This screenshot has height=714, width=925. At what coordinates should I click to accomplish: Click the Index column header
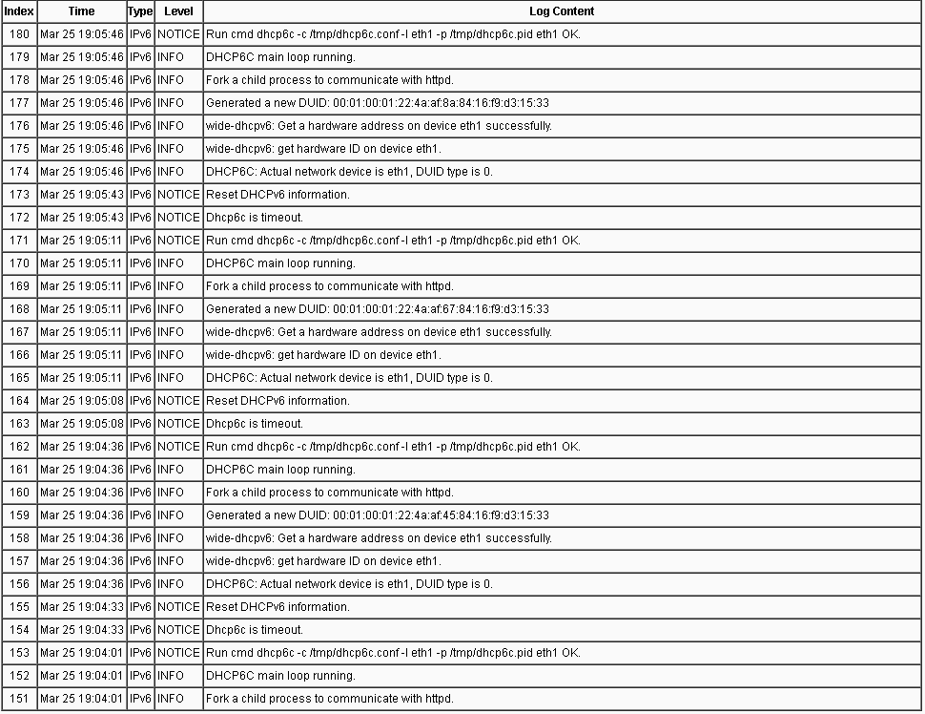19,11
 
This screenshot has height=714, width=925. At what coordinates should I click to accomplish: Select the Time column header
82,11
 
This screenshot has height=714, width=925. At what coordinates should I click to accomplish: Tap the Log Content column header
562,11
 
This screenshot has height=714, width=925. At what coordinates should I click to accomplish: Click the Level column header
178,11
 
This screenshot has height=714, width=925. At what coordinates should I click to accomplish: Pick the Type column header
140,11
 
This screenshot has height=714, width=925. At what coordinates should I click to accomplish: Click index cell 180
19,34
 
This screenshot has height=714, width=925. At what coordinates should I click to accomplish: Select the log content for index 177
378,103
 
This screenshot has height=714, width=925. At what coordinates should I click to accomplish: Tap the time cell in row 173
82,195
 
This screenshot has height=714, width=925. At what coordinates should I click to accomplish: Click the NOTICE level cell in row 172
178,218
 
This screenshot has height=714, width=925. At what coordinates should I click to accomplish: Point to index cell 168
19,309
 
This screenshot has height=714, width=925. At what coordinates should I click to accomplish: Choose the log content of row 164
278,401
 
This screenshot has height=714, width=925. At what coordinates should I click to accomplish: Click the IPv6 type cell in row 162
140,447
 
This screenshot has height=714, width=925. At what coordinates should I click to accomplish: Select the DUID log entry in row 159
378,515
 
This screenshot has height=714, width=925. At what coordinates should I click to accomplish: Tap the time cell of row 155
82,607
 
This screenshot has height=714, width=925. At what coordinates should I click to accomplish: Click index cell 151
19,699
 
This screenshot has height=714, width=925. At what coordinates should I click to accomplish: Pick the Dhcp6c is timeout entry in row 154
255,630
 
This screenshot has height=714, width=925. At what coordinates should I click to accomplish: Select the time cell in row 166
82,355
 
